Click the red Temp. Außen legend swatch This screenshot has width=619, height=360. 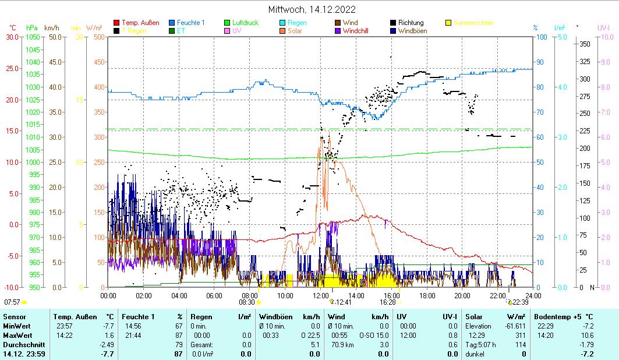116,23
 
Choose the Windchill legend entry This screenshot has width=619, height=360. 357,31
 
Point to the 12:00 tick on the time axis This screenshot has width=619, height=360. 320,295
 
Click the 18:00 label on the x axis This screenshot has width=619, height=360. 427,295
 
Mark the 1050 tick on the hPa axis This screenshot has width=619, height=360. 33,37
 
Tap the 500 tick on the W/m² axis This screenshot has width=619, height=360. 98,37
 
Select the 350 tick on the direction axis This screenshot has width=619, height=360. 585,44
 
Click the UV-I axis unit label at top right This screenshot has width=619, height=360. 603,27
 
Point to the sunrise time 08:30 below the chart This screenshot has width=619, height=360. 247,302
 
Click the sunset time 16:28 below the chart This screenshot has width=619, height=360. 388,302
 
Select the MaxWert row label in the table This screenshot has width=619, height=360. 17,336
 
